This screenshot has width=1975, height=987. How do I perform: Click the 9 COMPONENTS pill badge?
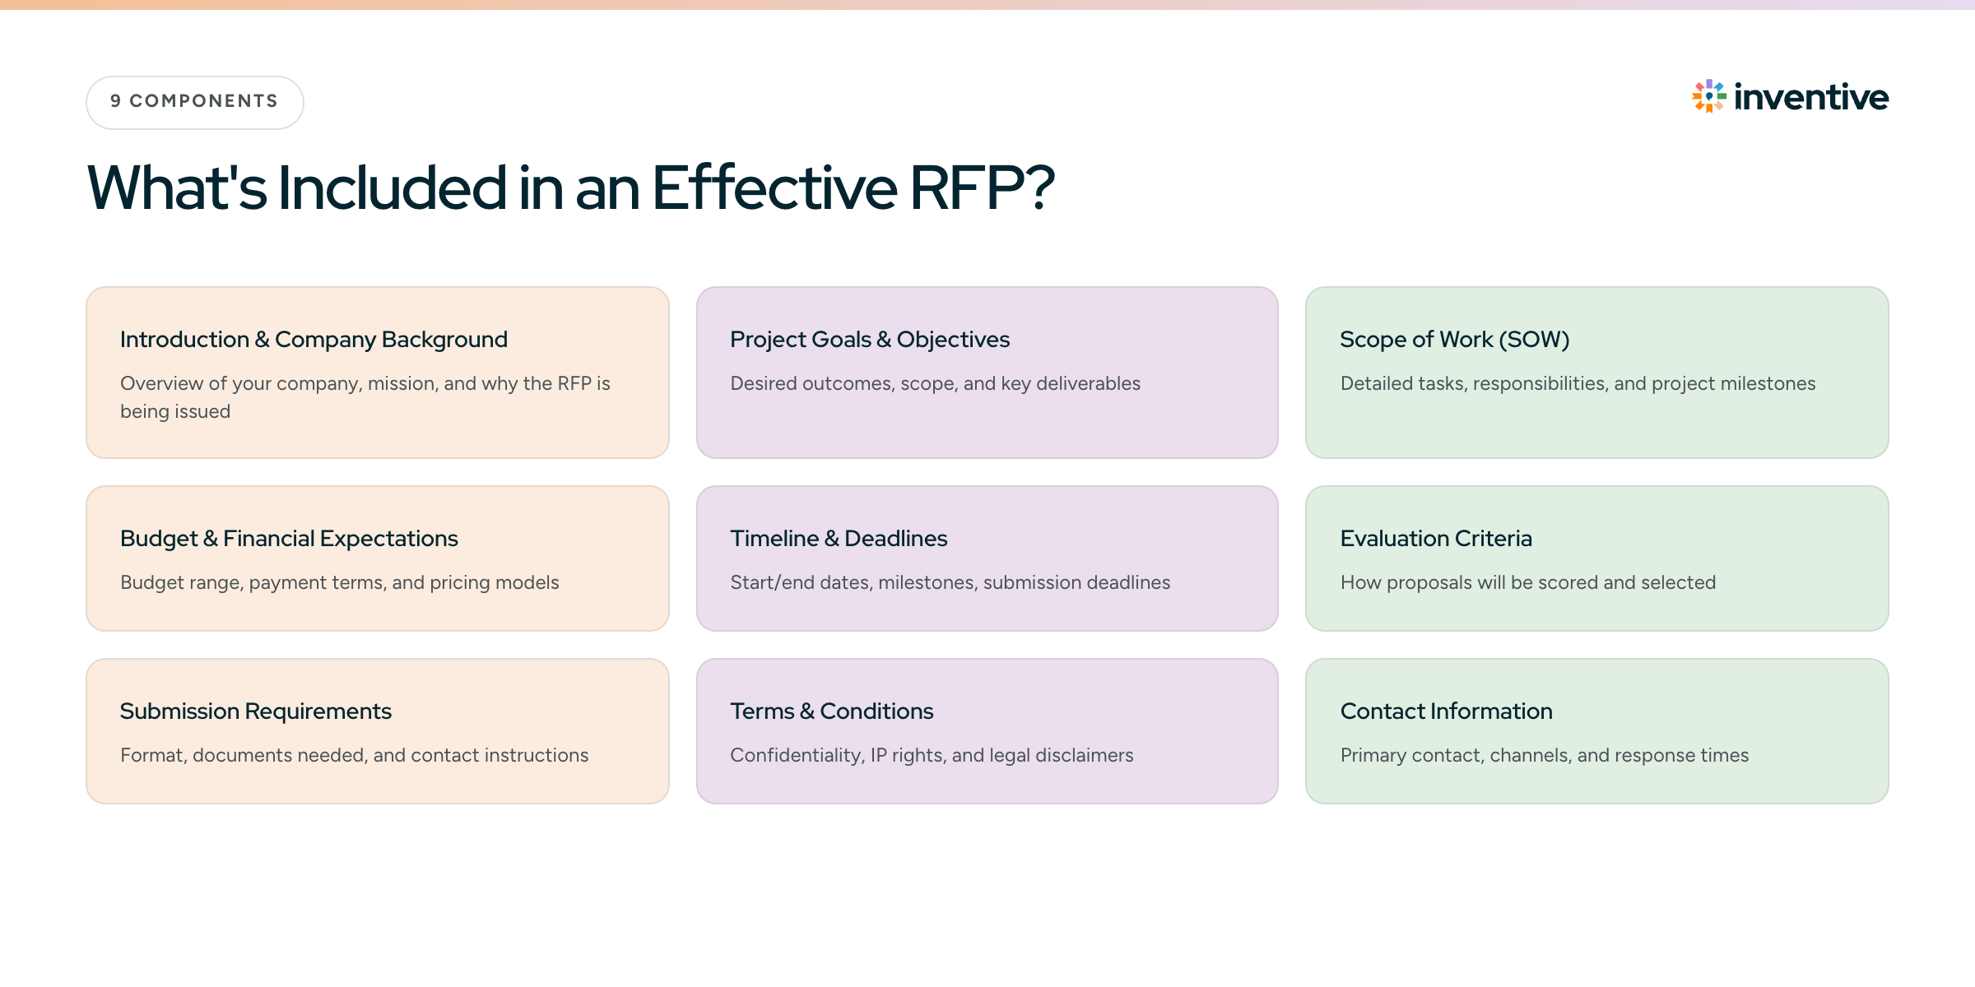[195, 102]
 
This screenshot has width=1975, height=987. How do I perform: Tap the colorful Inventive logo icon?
[1709, 96]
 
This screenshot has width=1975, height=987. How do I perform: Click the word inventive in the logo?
[1811, 97]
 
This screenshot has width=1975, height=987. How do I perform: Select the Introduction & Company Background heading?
[314, 339]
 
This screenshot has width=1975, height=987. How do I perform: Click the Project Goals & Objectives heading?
[870, 339]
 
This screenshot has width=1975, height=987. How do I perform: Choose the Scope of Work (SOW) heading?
[1455, 339]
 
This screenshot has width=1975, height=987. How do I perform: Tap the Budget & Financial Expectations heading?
[289, 538]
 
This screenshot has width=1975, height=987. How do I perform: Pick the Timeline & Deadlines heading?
[839, 538]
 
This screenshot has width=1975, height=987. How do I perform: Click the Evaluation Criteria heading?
[1436, 538]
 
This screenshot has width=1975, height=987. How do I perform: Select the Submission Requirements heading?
[256, 711]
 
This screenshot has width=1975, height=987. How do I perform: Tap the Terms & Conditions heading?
[832, 711]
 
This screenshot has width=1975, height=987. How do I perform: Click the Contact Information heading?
[1447, 711]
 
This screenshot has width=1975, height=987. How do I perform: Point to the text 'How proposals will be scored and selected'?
[1528, 582]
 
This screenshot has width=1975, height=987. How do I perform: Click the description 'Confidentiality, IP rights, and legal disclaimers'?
[932, 755]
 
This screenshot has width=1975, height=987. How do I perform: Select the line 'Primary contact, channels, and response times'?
[1545, 755]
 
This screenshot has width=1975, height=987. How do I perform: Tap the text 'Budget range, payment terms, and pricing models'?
[340, 582]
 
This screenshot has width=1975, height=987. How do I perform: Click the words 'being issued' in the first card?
[175, 411]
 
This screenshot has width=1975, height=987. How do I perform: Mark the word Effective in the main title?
[774, 188]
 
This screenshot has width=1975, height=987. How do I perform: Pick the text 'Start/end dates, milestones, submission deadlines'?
[950, 582]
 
